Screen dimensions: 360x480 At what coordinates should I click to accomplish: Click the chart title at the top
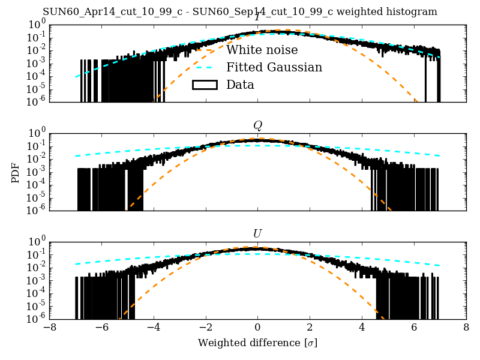(x=240, y=12)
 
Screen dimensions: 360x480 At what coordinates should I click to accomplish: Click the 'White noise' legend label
(x=262, y=50)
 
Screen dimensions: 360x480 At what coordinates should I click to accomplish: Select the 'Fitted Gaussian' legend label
(x=274, y=67)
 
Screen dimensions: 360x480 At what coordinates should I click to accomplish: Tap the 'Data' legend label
(x=240, y=85)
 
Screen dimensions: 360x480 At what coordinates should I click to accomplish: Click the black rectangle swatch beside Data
(x=204, y=85)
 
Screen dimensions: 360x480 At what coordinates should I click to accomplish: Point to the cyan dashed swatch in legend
(x=204, y=67)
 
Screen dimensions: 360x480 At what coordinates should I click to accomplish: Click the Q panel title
(x=257, y=125)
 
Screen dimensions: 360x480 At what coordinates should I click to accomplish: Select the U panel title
(x=257, y=233)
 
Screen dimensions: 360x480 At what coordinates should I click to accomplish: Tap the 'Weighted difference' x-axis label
(x=257, y=343)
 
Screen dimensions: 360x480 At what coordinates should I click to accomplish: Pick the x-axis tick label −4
(x=153, y=328)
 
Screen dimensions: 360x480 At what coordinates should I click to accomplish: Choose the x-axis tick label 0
(x=257, y=328)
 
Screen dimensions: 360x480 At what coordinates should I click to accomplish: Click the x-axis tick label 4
(x=362, y=328)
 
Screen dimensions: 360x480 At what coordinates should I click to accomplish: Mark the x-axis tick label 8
(x=466, y=328)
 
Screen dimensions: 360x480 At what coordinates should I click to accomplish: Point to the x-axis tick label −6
(x=101, y=328)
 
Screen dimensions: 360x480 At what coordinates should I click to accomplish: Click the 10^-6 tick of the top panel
(x=35, y=102)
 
